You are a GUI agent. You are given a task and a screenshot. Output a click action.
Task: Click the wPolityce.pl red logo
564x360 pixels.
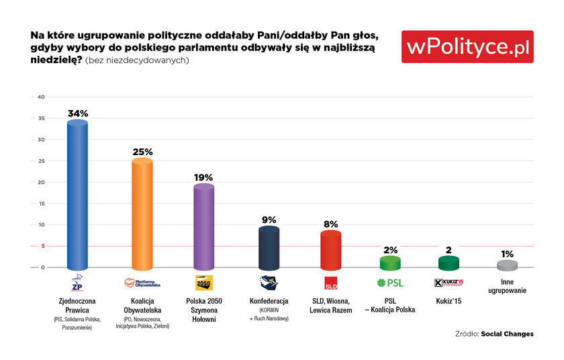pyautogui.click(x=467, y=47)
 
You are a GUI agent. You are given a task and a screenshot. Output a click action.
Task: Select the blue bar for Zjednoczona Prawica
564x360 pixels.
pyautogui.click(x=77, y=195)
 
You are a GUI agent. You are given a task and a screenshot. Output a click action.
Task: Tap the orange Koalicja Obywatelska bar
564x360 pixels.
pyautogui.click(x=142, y=214)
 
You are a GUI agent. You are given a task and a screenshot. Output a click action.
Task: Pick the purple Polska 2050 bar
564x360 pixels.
pyautogui.click(x=204, y=227)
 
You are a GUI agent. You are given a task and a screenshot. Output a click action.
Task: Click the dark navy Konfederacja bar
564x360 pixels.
pyautogui.click(x=269, y=248)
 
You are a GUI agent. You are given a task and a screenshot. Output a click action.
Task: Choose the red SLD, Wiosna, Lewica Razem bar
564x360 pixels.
pyautogui.click(x=330, y=251)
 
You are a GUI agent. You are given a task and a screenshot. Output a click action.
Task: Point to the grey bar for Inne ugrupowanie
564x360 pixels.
pyautogui.click(x=507, y=265)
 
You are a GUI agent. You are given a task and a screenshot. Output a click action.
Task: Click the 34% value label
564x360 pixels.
pyautogui.click(x=78, y=114)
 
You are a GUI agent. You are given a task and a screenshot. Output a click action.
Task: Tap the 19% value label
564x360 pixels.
pyautogui.click(x=203, y=177)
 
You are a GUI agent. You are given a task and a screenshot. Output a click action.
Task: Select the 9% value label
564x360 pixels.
pyautogui.click(x=269, y=220)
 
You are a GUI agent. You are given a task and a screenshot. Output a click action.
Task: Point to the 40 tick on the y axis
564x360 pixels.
pyautogui.click(x=42, y=97)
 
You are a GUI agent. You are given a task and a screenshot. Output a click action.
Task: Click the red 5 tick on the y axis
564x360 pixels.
pyautogui.click(x=43, y=246)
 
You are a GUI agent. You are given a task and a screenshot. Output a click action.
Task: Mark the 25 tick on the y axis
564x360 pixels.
pyautogui.click(x=42, y=161)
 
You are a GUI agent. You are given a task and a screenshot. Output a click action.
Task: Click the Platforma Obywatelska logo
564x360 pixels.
pyautogui.click(x=142, y=283)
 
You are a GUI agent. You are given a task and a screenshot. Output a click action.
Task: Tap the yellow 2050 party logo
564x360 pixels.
pyautogui.click(x=204, y=283)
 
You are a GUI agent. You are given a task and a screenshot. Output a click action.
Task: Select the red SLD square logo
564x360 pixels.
pyautogui.click(x=331, y=283)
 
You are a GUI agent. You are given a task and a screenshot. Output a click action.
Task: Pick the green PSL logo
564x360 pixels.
pyautogui.click(x=390, y=283)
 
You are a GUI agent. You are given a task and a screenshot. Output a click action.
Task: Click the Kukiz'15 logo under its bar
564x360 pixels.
pyautogui.click(x=449, y=283)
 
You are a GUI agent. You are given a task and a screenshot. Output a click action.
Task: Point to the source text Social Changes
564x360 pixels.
pyautogui.click(x=507, y=334)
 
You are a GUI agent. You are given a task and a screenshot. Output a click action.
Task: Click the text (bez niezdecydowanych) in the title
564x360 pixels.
pyautogui.click(x=137, y=60)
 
